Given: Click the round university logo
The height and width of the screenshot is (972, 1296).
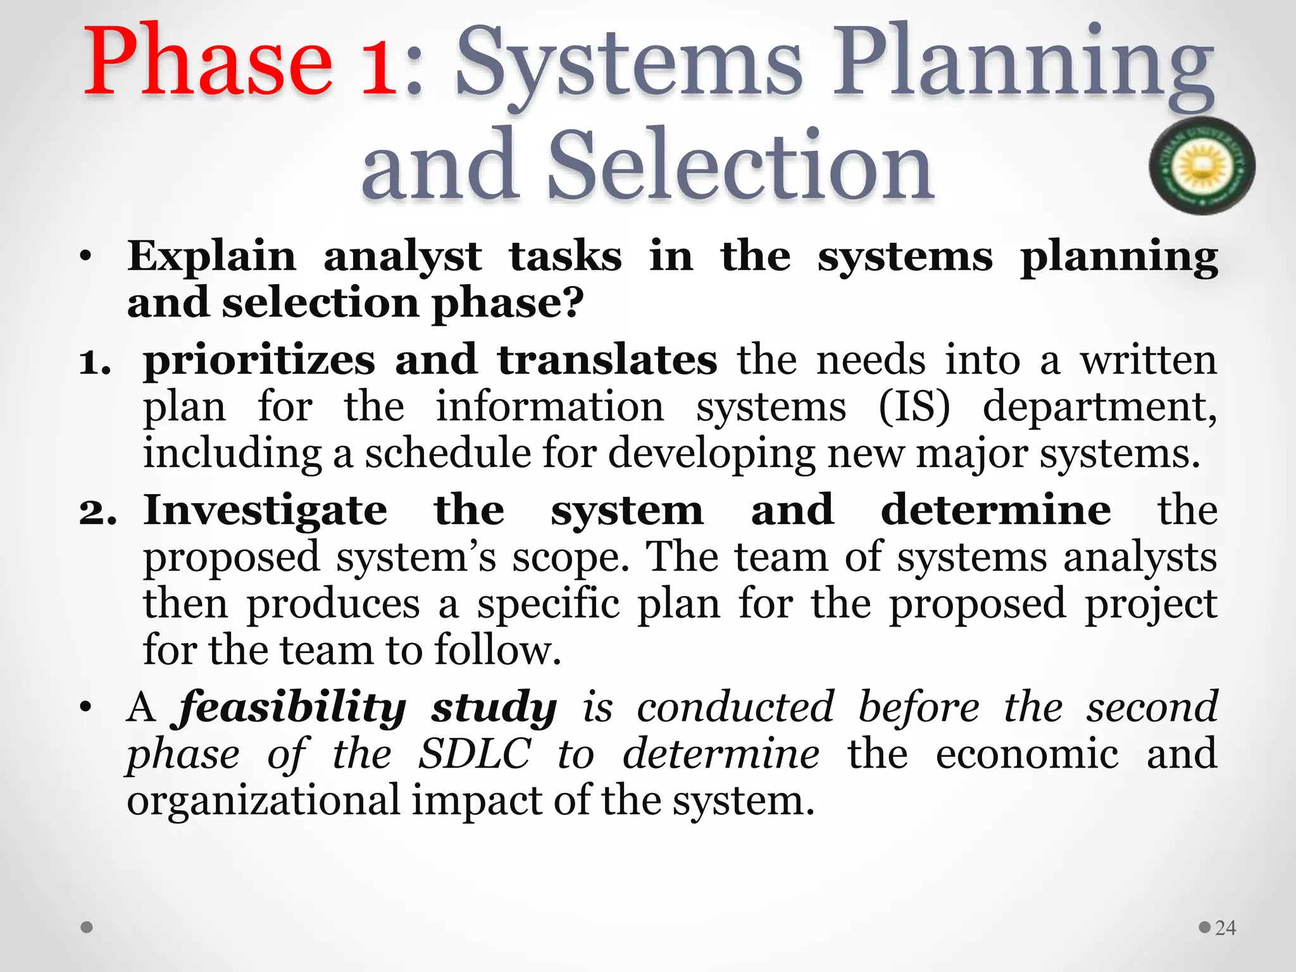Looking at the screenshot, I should [x=1202, y=166].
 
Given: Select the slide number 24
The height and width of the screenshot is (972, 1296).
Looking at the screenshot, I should [x=1225, y=928].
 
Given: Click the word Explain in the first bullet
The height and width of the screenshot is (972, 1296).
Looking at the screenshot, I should [x=212, y=257].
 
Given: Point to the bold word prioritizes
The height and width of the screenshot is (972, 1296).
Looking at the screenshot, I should [x=259, y=361].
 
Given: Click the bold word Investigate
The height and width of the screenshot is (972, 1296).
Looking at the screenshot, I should [x=265, y=510].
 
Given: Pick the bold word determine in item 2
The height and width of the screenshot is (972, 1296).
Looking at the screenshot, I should [x=995, y=510].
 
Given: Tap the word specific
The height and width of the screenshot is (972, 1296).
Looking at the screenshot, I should [x=548, y=604].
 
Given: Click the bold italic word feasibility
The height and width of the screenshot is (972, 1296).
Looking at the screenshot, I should [x=292, y=707].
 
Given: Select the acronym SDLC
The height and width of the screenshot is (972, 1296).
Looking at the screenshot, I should [x=474, y=754].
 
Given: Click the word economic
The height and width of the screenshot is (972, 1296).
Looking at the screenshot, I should [x=1027, y=754].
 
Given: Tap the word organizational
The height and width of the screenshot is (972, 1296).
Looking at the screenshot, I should [x=263, y=801].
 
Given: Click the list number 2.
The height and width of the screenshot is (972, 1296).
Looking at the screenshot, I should [x=97, y=511].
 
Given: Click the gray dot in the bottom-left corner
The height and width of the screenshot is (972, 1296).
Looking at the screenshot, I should [x=87, y=928].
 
